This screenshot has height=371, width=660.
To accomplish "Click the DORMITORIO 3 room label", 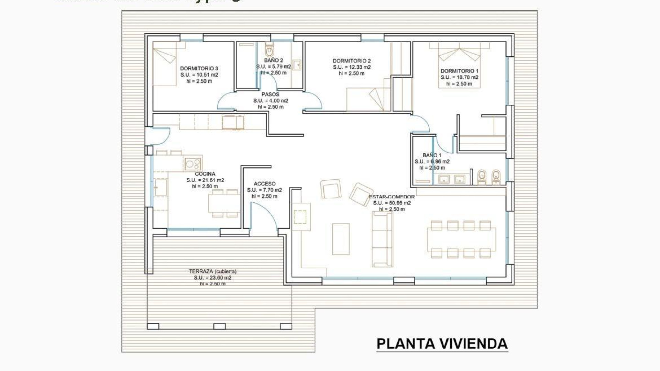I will point(199,68).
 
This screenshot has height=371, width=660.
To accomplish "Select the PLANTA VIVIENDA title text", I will point(442,344).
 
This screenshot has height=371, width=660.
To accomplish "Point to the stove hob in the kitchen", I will point(192,164).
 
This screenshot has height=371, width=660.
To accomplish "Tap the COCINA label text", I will point(205,174).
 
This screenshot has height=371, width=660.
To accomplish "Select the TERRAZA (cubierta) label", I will point(212,271).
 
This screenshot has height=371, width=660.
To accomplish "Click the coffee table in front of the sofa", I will point(341,239).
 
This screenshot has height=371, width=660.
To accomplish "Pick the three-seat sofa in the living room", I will point(382,239).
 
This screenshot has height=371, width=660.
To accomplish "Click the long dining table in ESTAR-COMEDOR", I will point(461,239).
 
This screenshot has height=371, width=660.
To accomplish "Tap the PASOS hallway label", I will point(270,94).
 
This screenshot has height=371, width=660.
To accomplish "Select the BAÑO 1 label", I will point(432,155).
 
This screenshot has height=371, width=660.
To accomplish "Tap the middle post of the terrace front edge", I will point(219,326).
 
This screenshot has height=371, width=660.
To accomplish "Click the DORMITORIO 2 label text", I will point(351,61).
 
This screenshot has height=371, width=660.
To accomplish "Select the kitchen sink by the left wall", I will point(161,188).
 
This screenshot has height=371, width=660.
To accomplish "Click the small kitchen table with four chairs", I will point(224,203).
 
